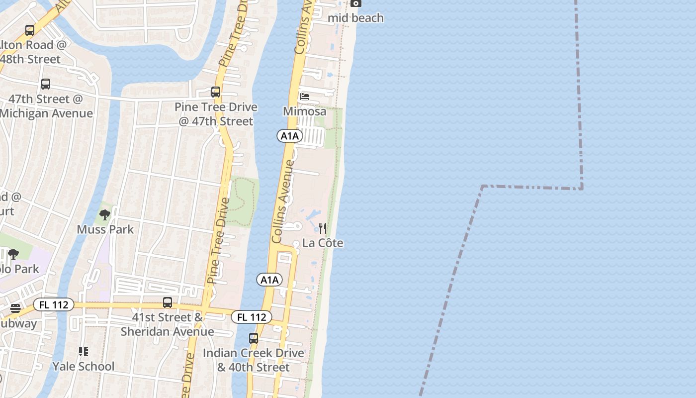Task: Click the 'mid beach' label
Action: click(x=356, y=18)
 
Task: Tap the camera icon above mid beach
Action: click(x=355, y=3)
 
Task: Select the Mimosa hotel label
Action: click(x=305, y=111)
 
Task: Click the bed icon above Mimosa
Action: click(x=305, y=96)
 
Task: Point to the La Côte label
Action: click(x=323, y=243)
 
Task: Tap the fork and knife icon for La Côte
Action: click(x=323, y=228)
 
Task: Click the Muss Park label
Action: click(x=105, y=229)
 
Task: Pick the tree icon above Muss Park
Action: click(x=105, y=215)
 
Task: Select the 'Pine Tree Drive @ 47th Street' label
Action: click(x=216, y=114)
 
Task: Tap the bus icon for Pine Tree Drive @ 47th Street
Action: click(x=216, y=92)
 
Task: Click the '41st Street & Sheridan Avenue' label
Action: click(x=168, y=324)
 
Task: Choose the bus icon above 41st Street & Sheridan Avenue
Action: click(x=168, y=302)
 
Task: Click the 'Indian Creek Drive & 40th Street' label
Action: click(x=254, y=360)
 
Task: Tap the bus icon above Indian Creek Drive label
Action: click(x=254, y=338)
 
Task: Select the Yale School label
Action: click(x=84, y=367)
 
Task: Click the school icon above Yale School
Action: click(x=84, y=352)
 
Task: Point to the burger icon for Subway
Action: click(x=15, y=308)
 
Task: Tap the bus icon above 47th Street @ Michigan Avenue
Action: click(x=46, y=84)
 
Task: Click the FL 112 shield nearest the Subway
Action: click(x=54, y=305)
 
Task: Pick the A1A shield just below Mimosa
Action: click(x=290, y=136)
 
